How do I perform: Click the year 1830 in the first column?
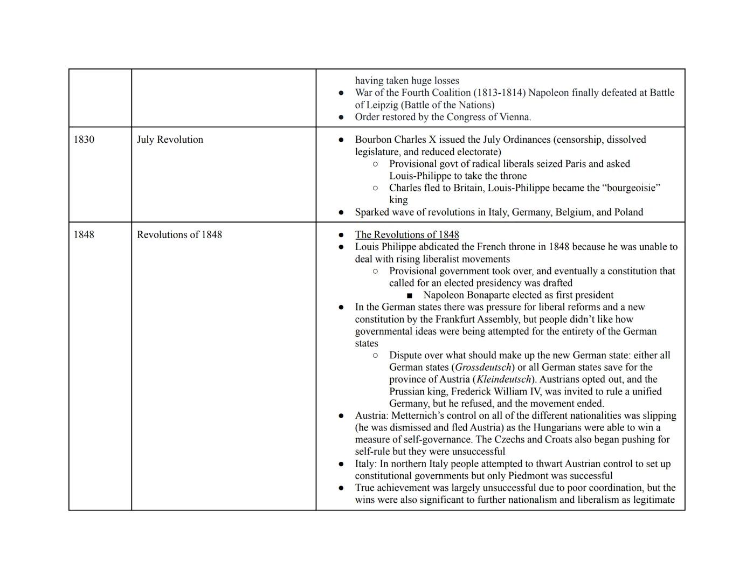point(84,140)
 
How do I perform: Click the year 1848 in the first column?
point(84,234)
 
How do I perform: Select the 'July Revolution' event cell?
point(170,140)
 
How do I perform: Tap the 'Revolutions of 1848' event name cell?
point(179,234)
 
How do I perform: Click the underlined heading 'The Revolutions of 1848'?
point(407,234)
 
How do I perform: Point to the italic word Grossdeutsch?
point(483,368)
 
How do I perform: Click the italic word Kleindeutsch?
point(503,379)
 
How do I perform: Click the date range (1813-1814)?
point(499,93)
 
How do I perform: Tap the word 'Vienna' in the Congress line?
point(514,117)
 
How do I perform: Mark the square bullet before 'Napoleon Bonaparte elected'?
point(410,295)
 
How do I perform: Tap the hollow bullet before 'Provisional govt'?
point(375,164)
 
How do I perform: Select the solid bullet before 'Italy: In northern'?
point(341,464)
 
